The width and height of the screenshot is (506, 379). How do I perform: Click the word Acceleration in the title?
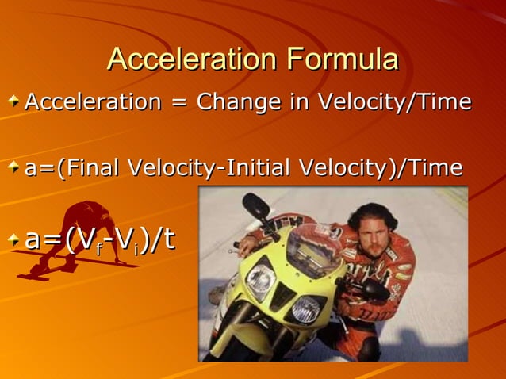(x=194, y=59)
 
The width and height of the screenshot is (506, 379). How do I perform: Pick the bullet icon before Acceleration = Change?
(x=13, y=102)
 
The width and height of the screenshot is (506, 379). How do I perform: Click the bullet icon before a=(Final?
(x=13, y=168)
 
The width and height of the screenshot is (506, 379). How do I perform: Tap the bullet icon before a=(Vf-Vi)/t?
(x=13, y=239)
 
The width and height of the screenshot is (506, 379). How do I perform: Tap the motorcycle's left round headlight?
(x=260, y=279)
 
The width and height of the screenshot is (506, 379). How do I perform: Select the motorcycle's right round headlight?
(x=305, y=309)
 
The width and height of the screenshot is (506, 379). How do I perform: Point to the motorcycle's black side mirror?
(x=256, y=205)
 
